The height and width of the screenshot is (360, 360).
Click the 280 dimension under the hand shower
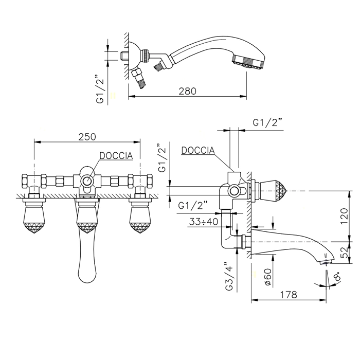coord(188,91)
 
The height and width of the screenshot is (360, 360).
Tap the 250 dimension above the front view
coord(87,137)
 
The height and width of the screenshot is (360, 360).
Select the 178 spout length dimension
coord(289,295)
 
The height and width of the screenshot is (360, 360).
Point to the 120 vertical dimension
coord(345,217)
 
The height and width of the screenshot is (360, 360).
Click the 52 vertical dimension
coord(345,253)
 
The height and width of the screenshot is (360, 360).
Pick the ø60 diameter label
coord(268,277)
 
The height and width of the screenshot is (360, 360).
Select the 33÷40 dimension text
coord(204,222)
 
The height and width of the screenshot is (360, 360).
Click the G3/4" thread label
coord(229,277)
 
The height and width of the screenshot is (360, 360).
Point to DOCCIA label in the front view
coord(116,156)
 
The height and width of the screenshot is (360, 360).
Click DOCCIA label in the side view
coord(198,150)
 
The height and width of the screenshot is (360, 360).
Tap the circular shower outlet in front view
coord(87,181)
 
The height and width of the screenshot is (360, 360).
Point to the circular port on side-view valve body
coord(234,191)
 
